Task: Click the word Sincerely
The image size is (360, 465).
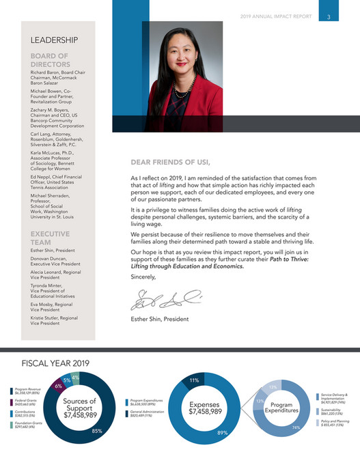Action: coord(143,277)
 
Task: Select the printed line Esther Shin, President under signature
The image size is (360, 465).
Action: coord(159,319)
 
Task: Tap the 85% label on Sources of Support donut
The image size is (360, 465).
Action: coord(98,431)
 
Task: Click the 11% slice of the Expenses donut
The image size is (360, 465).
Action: coord(194,380)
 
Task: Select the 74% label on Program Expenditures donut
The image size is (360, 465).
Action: coord(296,427)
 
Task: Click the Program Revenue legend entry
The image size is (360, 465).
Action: coord(26,391)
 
